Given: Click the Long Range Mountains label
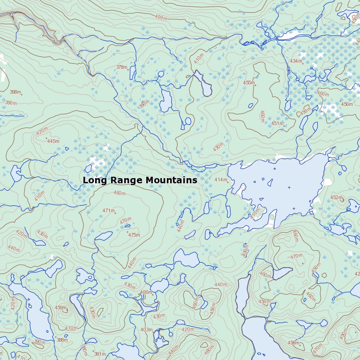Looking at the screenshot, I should tap(140, 180).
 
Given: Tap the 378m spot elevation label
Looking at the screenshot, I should tap(121, 67).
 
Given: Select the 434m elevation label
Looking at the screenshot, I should tap(296, 61).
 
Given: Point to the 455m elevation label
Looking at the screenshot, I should tap(249, 83).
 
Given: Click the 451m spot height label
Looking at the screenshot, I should tap(277, 124).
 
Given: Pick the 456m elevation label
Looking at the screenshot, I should tap(346, 105).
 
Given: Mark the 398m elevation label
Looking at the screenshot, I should tap(15, 92).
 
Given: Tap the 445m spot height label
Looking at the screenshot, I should tap(53, 141).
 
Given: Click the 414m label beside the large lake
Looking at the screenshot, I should tap(220, 180).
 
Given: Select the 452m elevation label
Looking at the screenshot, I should tap(336, 198).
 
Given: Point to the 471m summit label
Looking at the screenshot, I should tap(108, 211).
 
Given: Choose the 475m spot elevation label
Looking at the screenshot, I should tap(134, 235).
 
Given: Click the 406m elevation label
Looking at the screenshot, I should tap(146, 292).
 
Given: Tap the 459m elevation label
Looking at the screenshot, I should tap(60, 308).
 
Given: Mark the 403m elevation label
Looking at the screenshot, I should tap(146, 330).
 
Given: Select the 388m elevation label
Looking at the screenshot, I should tap(62, 340).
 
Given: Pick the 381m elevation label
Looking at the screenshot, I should tap(99, 354).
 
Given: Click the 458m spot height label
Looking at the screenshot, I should tap(293, 343).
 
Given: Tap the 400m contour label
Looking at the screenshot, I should tap(161, 18).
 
